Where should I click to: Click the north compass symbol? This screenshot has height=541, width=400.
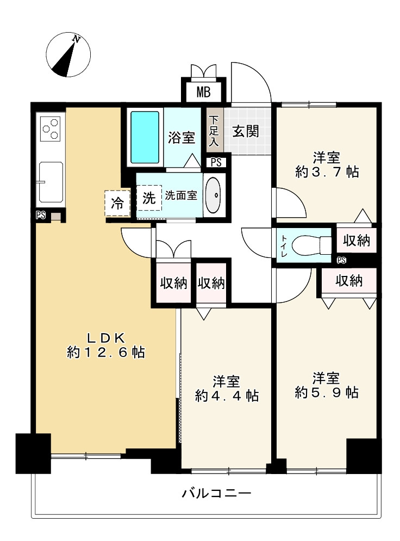(68, 55)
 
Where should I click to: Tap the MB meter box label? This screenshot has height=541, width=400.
(203, 91)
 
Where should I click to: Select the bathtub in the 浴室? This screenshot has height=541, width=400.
(145, 137)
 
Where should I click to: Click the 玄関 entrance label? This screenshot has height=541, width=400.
(245, 131)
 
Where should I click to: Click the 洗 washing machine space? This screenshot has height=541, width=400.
(149, 199)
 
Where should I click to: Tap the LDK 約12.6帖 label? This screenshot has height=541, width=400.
(105, 345)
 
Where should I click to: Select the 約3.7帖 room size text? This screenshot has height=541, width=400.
(327, 172)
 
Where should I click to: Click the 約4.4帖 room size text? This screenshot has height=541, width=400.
(227, 395)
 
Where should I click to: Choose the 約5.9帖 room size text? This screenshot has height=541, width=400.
(327, 392)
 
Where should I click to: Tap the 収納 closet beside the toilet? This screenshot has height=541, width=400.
(356, 240)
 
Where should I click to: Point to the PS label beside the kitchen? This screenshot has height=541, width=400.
(40, 216)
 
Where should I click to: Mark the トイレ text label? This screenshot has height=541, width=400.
(284, 244)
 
